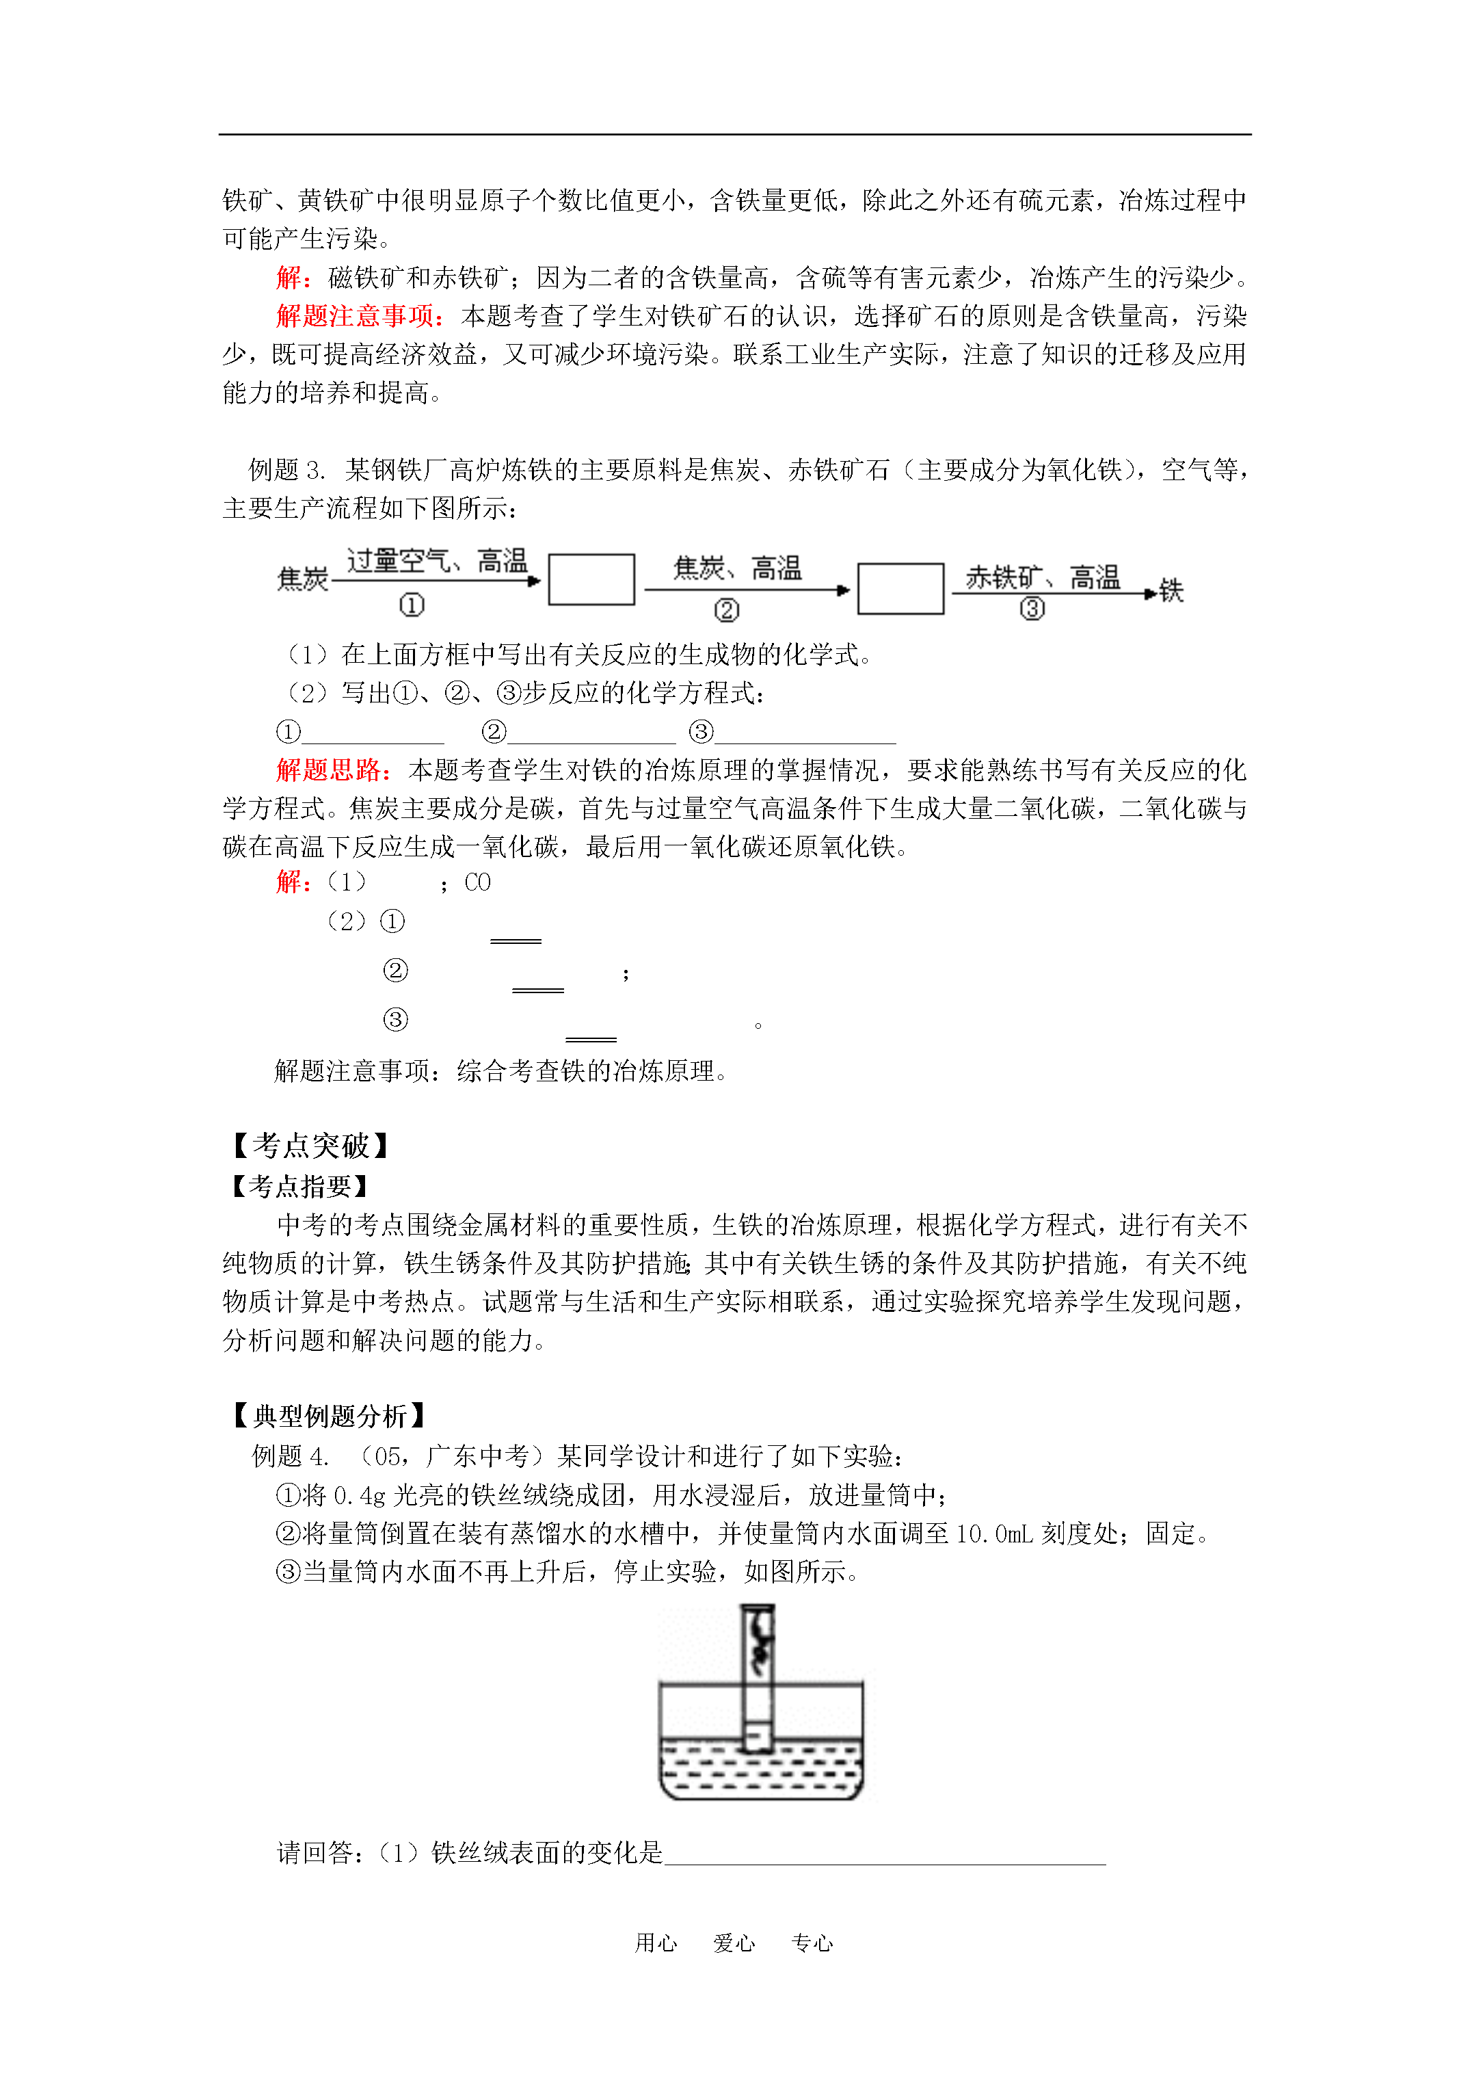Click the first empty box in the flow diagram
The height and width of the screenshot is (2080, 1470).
point(591,580)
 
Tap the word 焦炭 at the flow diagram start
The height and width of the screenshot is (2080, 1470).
point(302,579)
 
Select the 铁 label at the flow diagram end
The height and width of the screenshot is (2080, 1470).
point(1171,591)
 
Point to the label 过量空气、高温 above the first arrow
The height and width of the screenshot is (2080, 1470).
point(437,561)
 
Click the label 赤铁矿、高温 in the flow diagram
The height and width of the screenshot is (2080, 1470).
point(1043,577)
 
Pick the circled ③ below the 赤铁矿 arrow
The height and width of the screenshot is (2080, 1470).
point(1032,609)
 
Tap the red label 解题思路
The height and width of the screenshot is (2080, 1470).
point(332,770)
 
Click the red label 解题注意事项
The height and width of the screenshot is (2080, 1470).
point(360,315)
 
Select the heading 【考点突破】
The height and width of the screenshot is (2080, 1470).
point(310,1146)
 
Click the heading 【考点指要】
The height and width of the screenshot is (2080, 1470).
point(299,1186)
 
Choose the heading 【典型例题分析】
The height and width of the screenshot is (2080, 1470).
point(328,1415)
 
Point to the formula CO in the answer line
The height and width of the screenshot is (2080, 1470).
point(477,882)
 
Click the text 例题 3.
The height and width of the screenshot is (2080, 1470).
point(286,469)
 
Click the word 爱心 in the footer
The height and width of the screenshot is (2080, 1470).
point(734,1943)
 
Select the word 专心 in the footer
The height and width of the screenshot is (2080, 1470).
point(812,1943)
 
